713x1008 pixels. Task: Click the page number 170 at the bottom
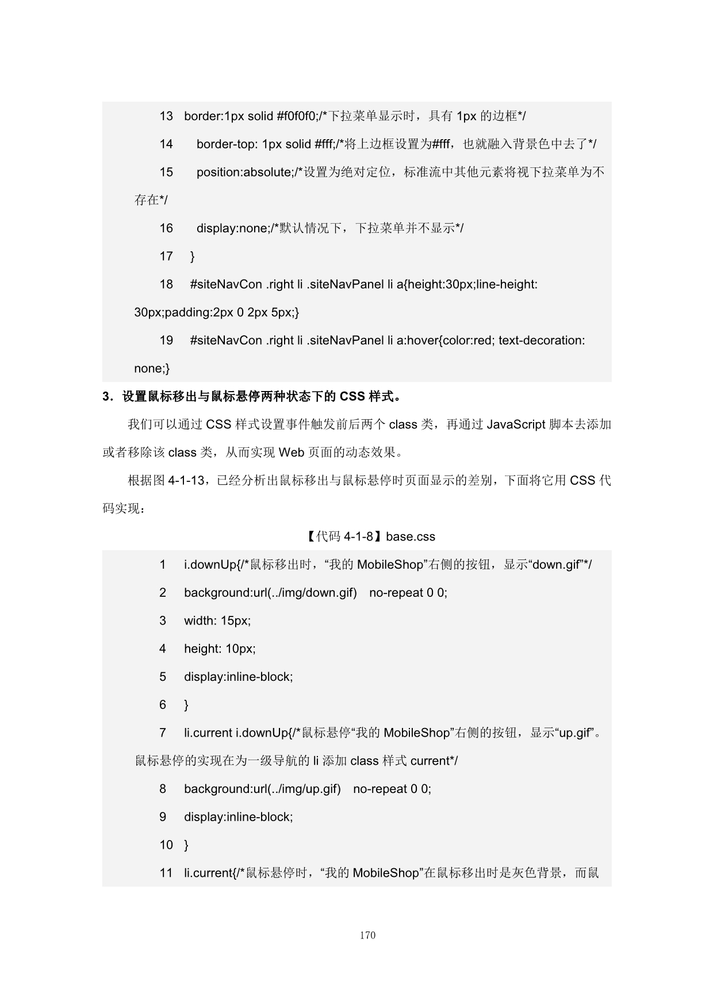click(x=367, y=935)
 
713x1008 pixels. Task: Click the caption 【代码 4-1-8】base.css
click(x=368, y=536)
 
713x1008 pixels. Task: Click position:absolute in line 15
click(x=244, y=172)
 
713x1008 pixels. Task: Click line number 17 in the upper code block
click(x=166, y=256)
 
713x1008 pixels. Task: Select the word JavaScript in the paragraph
click(x=516, y=424)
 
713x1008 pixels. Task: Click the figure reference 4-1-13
click(x=186, y=481)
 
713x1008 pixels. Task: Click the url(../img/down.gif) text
click(x=305, y=593)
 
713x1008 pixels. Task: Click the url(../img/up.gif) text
click(x=297, y=789)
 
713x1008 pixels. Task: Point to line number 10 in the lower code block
click(x=166, y=845)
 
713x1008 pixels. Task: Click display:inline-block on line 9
click(x=237, y=817)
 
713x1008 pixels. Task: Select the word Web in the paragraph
click(x=291, y=453)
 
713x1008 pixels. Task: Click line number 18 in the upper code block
click(x=166, y=284)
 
